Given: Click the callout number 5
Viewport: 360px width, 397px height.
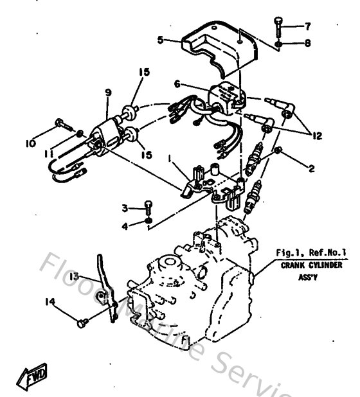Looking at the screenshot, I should click(x=160, y=39).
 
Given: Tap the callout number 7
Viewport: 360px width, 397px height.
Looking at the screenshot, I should click(x=307, y=26).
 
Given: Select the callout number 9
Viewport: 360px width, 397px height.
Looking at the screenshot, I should click(x=107, y=93).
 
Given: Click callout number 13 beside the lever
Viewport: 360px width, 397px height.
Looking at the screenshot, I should click(x=75, y=276).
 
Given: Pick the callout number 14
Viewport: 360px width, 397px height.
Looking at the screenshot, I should click(x=50, y=300).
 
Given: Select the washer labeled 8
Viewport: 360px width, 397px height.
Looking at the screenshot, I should click(x=278, y=44).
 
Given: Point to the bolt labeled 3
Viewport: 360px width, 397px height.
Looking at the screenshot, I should click(x=148, y=207).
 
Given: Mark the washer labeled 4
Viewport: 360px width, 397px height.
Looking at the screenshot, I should click(x=148, y=222).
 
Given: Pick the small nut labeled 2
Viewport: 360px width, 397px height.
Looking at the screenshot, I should click(x=277, y=151).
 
